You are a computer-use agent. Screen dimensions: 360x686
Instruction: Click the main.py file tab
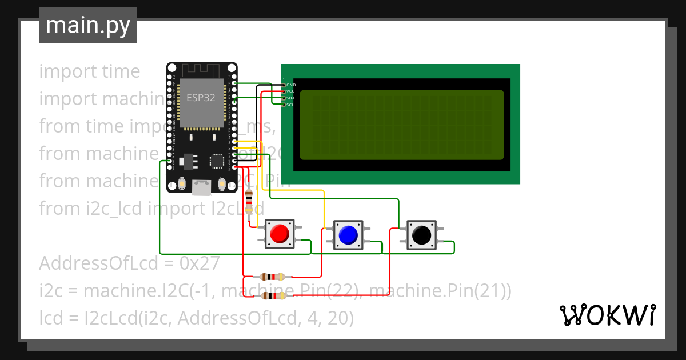[x=87, y=25]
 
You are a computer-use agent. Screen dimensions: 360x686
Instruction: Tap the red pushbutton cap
[x=280, y=234]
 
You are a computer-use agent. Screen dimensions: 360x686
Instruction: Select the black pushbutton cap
[x=421, y=234]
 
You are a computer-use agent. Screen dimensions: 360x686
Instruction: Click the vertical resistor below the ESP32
[x=249, y=201]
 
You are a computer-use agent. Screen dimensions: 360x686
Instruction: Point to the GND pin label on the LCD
[x=291, y=85]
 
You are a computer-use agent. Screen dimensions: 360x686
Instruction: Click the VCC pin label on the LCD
[x=291, y=91]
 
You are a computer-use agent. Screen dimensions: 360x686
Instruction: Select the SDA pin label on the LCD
[x=291, y=98]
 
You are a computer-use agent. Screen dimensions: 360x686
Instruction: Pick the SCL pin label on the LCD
[x=290, y=105]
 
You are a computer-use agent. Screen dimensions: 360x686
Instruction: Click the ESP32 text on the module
[x=201, y=98]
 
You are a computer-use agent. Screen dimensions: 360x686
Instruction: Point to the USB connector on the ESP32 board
[x=201, y=187]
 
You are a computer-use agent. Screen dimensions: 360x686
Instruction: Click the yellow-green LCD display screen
[x=401, y=125]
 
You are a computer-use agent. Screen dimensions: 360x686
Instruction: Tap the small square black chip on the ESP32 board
[x=217, y=161]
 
